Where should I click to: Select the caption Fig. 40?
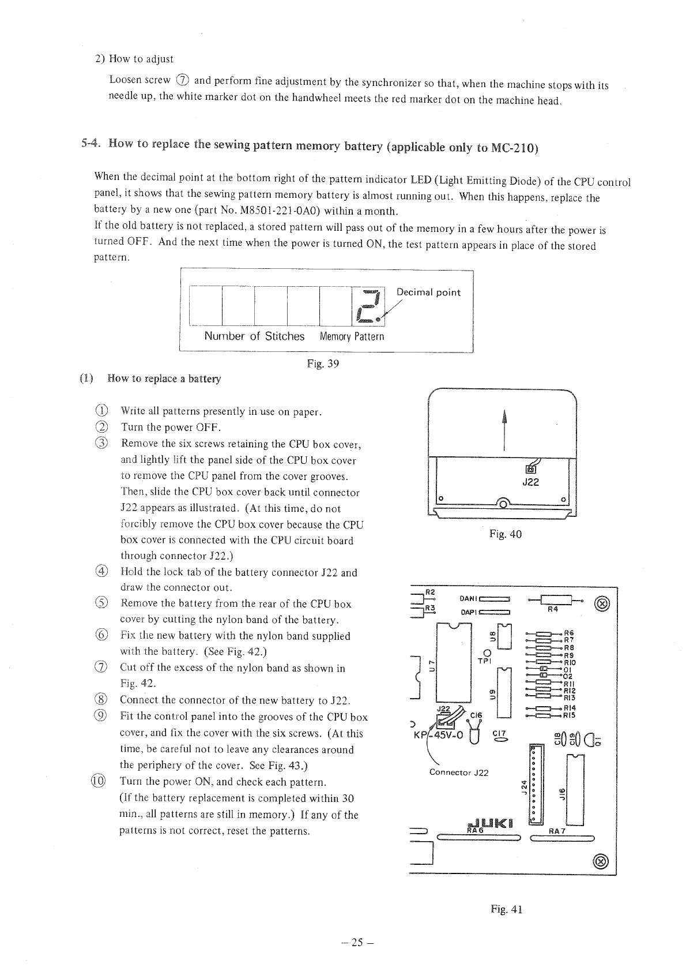505,534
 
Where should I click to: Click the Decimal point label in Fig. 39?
428,292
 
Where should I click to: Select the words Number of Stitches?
254,336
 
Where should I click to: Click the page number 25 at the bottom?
357,943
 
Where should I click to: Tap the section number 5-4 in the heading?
91,144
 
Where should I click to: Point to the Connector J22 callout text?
459,772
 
